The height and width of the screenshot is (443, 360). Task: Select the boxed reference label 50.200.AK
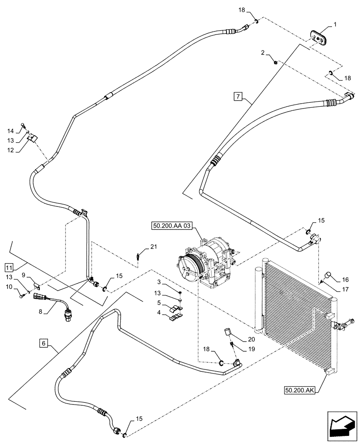click(x=298, y=390)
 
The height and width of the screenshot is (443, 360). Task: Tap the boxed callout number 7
click(x=238, y=96)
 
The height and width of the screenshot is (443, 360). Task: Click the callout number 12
click(x=9, y=150)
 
